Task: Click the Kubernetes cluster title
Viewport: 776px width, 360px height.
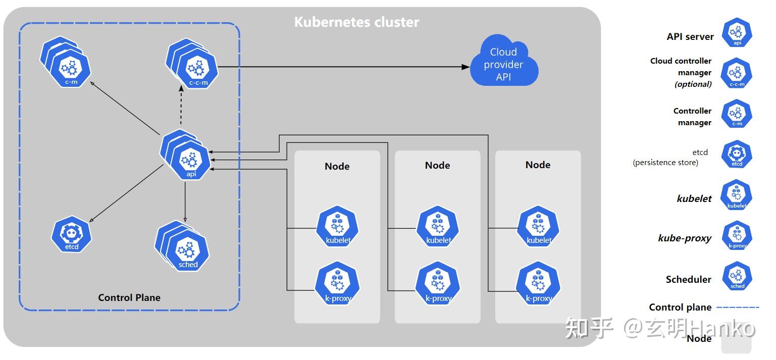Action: click(x=356, y=22)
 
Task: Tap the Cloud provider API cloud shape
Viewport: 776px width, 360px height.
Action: click(x=504, y=61)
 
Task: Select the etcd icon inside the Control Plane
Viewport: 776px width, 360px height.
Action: click(x=71, y=234)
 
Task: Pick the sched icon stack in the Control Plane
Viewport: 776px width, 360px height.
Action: click(x=182, y=246)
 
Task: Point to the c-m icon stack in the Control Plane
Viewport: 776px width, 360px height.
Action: click(x=66, y=62)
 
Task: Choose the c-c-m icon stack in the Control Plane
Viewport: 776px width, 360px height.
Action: click(x=192, y=64)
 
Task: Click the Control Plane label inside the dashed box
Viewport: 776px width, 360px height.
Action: click(x=129, y=297)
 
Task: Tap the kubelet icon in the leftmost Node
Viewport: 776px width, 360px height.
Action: click(x=337, y=226)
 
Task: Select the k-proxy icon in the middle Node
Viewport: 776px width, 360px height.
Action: click(x=438, y=283)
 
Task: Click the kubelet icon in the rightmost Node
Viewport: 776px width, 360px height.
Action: click(x=538, y=226)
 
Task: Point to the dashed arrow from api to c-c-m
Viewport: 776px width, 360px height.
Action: click(x=181, y=105)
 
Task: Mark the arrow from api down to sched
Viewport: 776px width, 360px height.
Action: click(x=185, y=202)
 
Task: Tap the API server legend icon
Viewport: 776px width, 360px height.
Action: click(x=737, y=33)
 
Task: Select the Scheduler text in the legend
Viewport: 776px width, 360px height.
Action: click(x=688, y=279)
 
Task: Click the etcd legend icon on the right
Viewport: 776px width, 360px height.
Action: click(x=737, y=154)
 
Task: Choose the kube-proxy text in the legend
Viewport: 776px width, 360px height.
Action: click(x=685, y=238)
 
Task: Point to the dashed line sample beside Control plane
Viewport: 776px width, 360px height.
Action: click(x=738, y=307)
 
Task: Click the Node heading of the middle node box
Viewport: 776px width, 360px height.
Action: click(x=438, y=165)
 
